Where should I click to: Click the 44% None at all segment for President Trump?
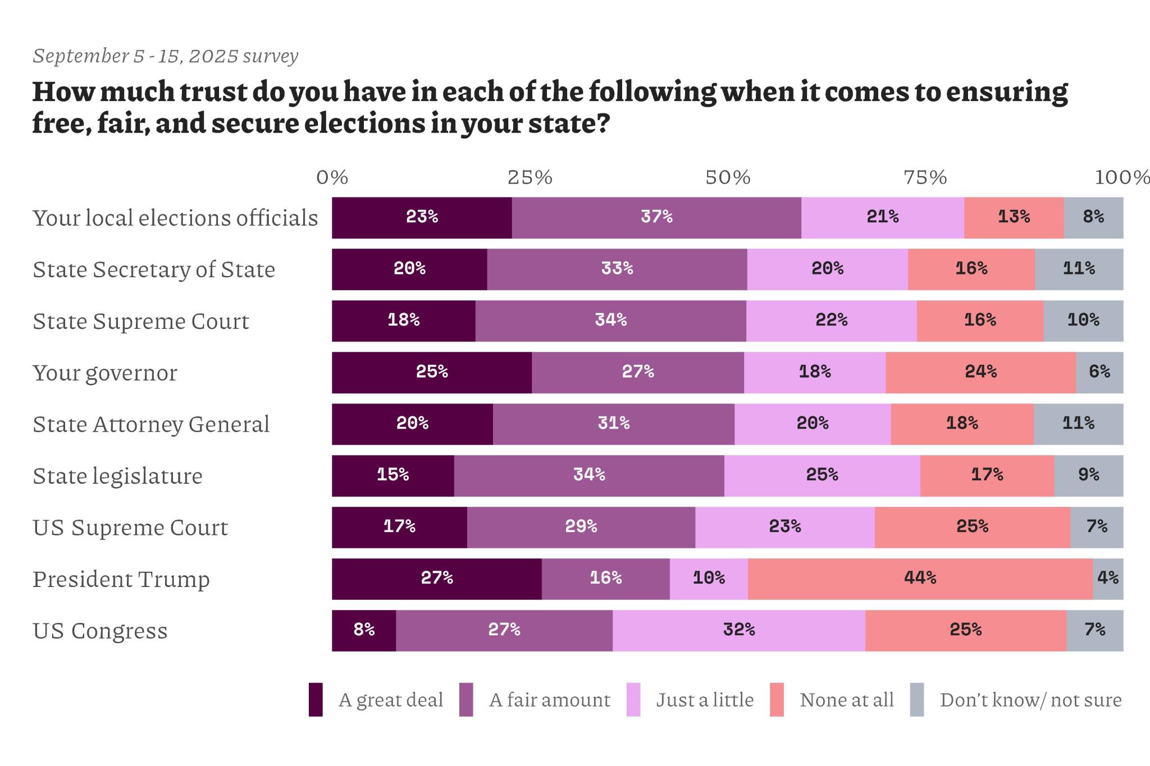pos(920,579)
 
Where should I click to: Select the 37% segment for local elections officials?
pos(656,218)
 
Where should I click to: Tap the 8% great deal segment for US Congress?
pos(364,630)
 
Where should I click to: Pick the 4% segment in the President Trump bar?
pos(1108,579)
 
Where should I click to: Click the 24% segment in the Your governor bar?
pos(980,373)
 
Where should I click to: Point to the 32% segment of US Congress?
pos(738,630)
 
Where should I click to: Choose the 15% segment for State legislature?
pos(393,476)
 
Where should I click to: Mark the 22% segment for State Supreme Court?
pos(831,321)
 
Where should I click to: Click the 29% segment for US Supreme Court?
pos(581,528)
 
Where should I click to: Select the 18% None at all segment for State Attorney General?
pos(962,424)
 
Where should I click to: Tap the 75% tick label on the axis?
pos(925,178)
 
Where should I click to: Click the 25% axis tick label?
pos(530,178)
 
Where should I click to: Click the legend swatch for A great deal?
pos(316,700)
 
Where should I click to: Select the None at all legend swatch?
pos(777,700)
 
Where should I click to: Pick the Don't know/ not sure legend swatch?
pos(916,700)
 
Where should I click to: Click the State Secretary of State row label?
pos(154,270)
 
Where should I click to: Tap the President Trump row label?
pos(121,579)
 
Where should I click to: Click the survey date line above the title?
pos(165,56)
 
